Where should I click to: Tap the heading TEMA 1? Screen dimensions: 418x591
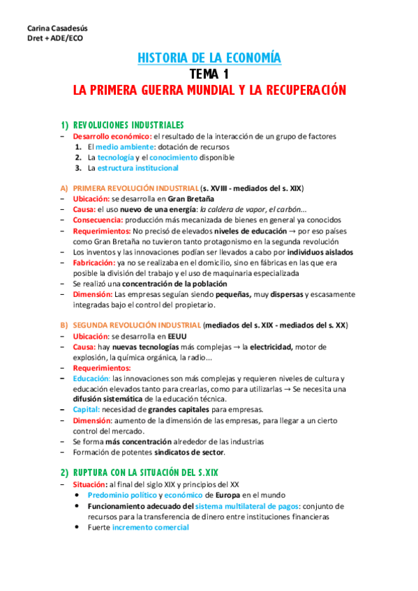(209, 74)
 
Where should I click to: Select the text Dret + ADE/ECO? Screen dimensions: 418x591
(45, 38)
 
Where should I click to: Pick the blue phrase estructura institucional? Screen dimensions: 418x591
(138, 168)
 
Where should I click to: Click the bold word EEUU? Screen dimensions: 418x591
(177, 336)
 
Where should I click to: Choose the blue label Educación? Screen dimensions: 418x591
(91, 378)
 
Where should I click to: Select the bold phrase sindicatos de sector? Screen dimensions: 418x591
(188, 452)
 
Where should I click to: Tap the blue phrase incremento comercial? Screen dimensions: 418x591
(150, 528)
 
